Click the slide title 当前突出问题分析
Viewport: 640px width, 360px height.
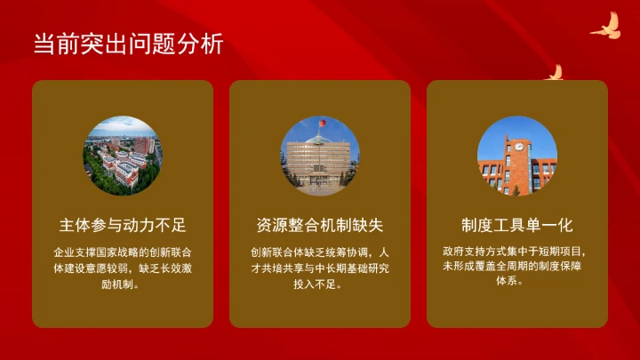128,44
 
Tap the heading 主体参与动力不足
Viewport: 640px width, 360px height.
123,224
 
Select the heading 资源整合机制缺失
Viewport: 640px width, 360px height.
320,224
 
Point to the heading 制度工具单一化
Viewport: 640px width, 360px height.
517,224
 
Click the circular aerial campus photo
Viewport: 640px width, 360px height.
123,156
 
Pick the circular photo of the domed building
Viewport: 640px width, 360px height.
320,156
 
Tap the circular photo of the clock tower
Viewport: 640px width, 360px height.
517,156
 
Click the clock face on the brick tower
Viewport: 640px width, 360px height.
517,148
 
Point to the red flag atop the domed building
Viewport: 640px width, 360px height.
322,122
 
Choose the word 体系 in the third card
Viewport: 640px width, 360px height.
508,282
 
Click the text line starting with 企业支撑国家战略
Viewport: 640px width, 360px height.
123,252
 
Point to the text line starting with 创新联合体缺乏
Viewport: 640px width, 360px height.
320,252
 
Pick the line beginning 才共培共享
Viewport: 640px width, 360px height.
320,268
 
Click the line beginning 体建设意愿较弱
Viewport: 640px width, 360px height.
123,268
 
